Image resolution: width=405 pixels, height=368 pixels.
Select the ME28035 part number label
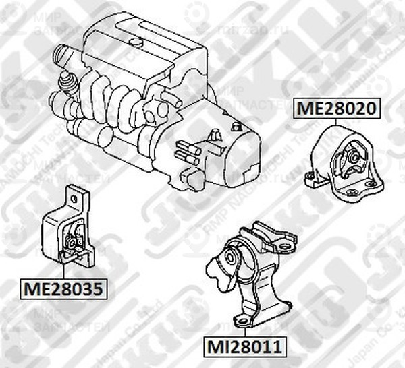click(63, 290)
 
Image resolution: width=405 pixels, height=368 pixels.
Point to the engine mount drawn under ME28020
click(343, 162)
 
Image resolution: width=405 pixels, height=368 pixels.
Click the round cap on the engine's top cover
click(136, 42)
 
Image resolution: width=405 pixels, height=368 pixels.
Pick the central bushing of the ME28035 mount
click(73, 241)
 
